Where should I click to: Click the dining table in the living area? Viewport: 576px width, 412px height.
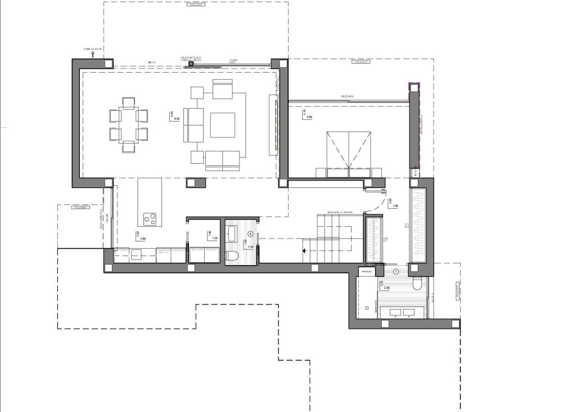point(129,124)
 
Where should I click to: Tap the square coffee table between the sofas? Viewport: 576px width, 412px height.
point(223,125)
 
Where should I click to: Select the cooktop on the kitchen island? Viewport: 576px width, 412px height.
point(150,217)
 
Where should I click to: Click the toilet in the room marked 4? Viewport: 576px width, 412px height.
point(232,256)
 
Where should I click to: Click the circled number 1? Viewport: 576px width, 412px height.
point(397,271)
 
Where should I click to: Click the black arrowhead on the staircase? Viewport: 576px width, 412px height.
point(304,251)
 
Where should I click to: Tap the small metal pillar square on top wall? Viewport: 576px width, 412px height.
point(191,64)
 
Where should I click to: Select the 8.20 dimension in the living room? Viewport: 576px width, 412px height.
point(176,119)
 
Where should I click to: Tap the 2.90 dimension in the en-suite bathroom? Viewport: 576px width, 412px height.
point(388,288)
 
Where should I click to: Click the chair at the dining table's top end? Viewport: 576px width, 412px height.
point(129,102)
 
